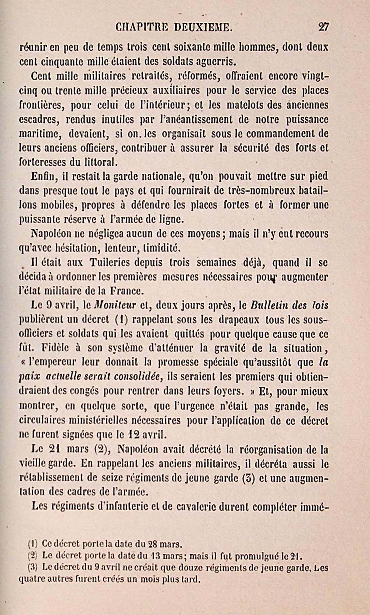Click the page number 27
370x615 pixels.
pyautogui.click(x=324, y=27)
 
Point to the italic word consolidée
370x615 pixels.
pyautogui.click(x=138, y=377)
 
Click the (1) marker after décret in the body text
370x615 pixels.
pyautogui.click(x=122, y=320)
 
